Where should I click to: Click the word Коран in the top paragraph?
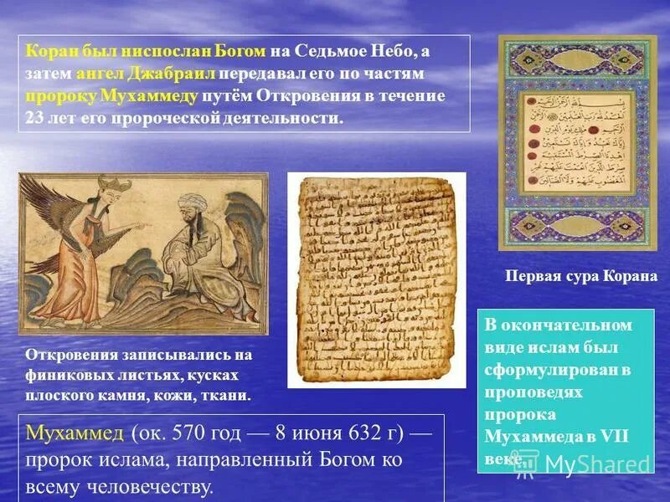(48, 52)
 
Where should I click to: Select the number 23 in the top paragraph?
(35, 117)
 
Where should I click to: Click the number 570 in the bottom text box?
(187, 435)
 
